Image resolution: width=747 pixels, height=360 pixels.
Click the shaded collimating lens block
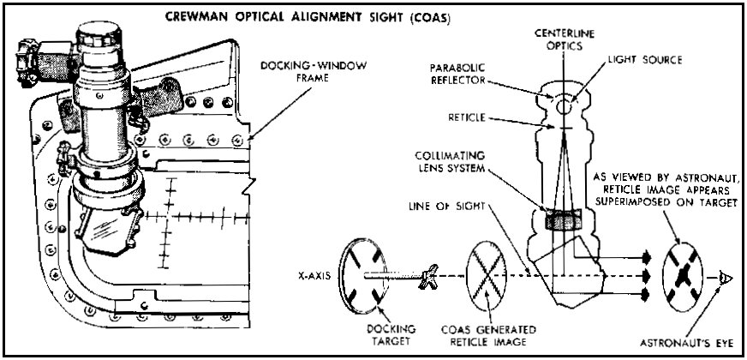(565, 220)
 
